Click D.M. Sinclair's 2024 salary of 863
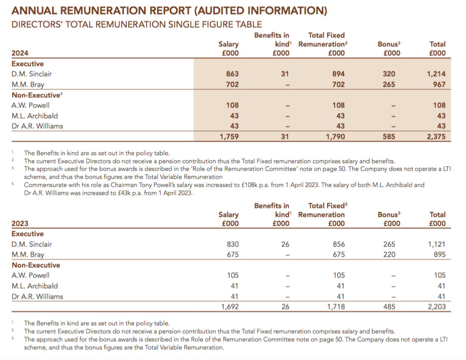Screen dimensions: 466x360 click(x=233, y=74)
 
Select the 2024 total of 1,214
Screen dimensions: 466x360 click(x=436, y=74)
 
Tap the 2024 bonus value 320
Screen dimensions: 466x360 click(x=389, y=74)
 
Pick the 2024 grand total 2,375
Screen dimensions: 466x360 click(x=436, y=137)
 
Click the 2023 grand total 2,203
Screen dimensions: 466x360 click(x=437, y=307)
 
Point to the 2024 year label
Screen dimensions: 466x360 click(x=20, y=53)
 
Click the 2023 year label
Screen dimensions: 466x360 click(x=20, y=223)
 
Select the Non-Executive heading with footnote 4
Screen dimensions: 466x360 click(x=37, y=95)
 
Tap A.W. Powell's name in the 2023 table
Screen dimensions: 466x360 click(x=31, y=275)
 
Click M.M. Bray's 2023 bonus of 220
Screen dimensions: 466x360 click(x=389, y=255)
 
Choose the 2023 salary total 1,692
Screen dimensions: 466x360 click(x=230, y=307)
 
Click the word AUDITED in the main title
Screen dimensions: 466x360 click(x=221, y=11)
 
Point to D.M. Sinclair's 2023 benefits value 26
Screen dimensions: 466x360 click(x=285, y=244)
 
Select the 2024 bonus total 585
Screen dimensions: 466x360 click(x=389, y=137)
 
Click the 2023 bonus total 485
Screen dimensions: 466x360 click(x=389, y=307)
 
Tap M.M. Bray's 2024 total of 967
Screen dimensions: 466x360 click(x=439, y=85)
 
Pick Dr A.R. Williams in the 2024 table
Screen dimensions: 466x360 click(x=37, y=126)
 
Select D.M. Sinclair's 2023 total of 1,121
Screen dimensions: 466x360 click(x=437, y=244)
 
